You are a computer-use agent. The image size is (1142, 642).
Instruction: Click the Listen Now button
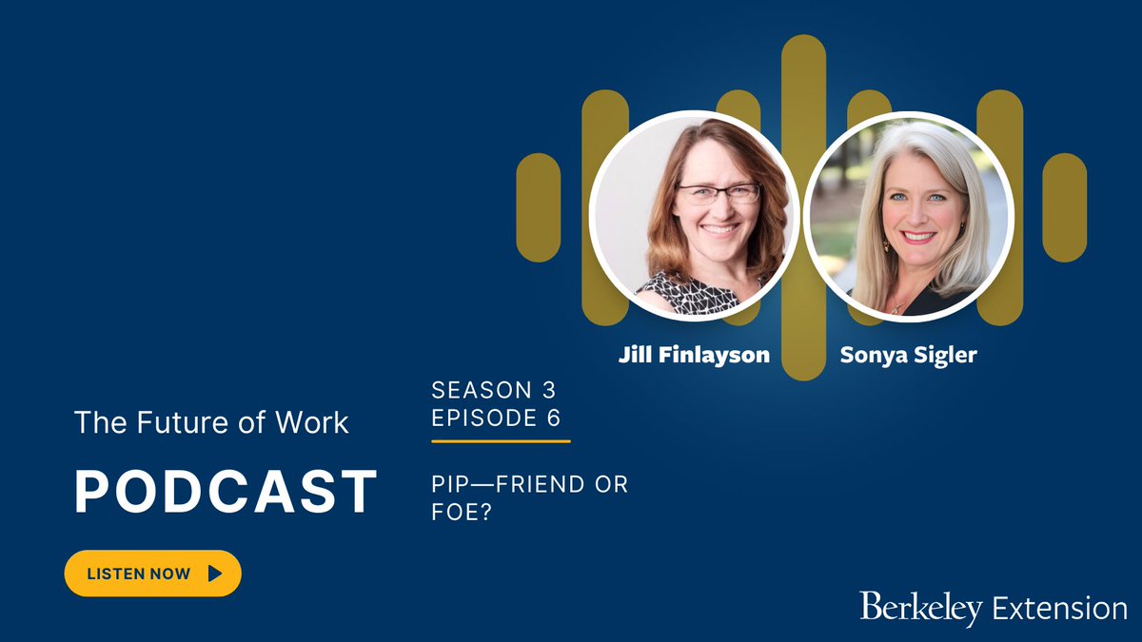tap(152, 574)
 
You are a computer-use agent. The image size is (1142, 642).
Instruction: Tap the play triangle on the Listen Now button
tap(214, 574)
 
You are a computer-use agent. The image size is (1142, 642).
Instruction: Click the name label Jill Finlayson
tap(694, 355)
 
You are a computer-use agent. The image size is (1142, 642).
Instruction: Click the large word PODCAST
tap(226, 492)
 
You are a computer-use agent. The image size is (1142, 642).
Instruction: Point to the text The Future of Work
tap(211, 422)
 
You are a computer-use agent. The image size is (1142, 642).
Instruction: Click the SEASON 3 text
tap(493, 389)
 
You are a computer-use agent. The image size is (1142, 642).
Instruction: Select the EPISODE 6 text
tap(496, 418)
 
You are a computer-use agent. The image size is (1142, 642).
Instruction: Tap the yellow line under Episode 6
tap(501, 441)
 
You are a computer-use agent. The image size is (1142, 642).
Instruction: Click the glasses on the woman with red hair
tap(718, 194)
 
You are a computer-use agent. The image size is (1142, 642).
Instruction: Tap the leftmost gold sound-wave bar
tap(538, 207)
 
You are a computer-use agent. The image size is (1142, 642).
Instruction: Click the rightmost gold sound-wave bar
tap(1064, 207)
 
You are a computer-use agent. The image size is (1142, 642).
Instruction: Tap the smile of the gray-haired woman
tap(918, 236)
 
